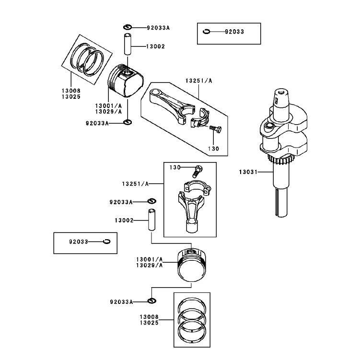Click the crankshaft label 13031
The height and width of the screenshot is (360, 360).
[x=248, y=172]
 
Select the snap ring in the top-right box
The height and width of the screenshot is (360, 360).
[x=207, y=32]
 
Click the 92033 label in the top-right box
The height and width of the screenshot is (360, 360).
[x=234, y=32]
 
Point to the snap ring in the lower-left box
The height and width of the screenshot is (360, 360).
[x=107, y=241]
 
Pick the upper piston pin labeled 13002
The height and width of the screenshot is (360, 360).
[x=128, y=44]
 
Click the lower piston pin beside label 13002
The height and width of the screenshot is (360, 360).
[x=151, y=220]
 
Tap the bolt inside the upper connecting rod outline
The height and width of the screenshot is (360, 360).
[x=216, y=129]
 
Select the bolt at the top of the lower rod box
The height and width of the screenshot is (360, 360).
[x=197, y=171]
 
